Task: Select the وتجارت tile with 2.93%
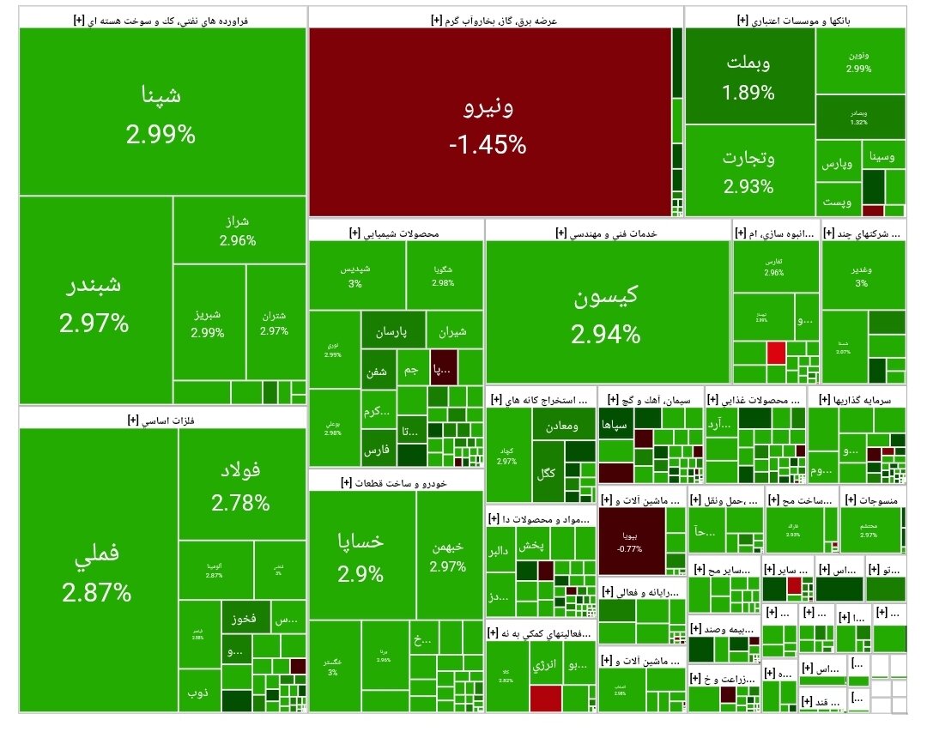click(x=749, y=171)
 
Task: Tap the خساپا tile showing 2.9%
click(x=360, y=554)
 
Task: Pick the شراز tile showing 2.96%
click(x=238, y=231)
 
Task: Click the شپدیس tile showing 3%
click(x=356, y=275)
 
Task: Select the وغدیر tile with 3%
click(x=862, y=275)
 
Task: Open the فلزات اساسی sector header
click(x=162, y=419)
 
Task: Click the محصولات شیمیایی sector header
click(x=395, y=233)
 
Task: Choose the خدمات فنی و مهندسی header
click(x=607, y=233)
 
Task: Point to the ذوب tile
click(x=199, y=694)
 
